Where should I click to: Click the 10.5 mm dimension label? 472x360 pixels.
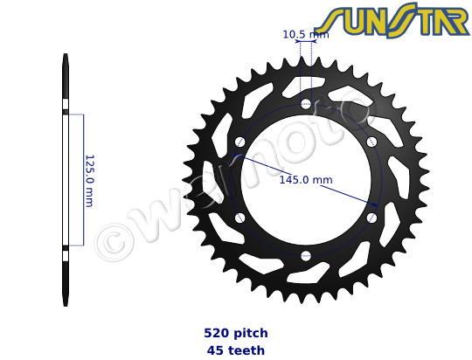point(306,35)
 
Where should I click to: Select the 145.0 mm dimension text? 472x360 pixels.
point(306,180)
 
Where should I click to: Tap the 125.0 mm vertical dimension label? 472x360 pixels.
point(90,181)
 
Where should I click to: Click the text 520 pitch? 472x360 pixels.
point(236,333)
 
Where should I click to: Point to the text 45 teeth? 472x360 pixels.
point(236,350)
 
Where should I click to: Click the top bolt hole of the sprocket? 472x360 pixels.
point(306,104)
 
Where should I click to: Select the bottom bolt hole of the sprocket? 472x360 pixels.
point(306,256)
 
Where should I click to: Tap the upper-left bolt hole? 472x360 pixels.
point(239,142)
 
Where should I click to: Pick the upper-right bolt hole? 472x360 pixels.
point(371,142)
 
